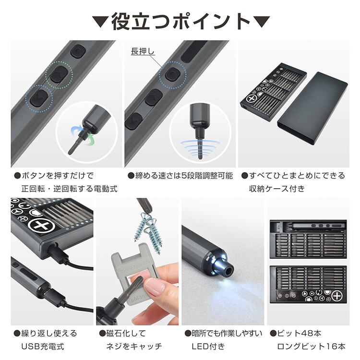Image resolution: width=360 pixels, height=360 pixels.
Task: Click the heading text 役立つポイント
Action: click(180, 21)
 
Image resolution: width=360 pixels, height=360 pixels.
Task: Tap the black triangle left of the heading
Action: click(100, 22)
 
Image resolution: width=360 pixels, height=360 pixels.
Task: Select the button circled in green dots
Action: click(59, 74)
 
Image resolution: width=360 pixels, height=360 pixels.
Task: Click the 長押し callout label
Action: click(143, 51)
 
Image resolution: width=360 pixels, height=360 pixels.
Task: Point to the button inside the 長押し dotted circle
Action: click(172, 74)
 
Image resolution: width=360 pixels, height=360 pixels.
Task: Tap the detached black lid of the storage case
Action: click(312, 108)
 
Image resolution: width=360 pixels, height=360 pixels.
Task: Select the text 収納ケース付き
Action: click(277, 189)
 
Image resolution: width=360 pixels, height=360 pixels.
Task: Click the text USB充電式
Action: click(43, 346)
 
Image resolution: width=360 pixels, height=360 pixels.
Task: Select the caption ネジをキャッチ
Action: click(134, 346)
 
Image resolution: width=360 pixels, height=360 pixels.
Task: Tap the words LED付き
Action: click(208, 346)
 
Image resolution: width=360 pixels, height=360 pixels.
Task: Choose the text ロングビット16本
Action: click(312, 346)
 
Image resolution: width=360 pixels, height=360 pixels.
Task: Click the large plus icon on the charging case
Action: click(43, 225)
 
